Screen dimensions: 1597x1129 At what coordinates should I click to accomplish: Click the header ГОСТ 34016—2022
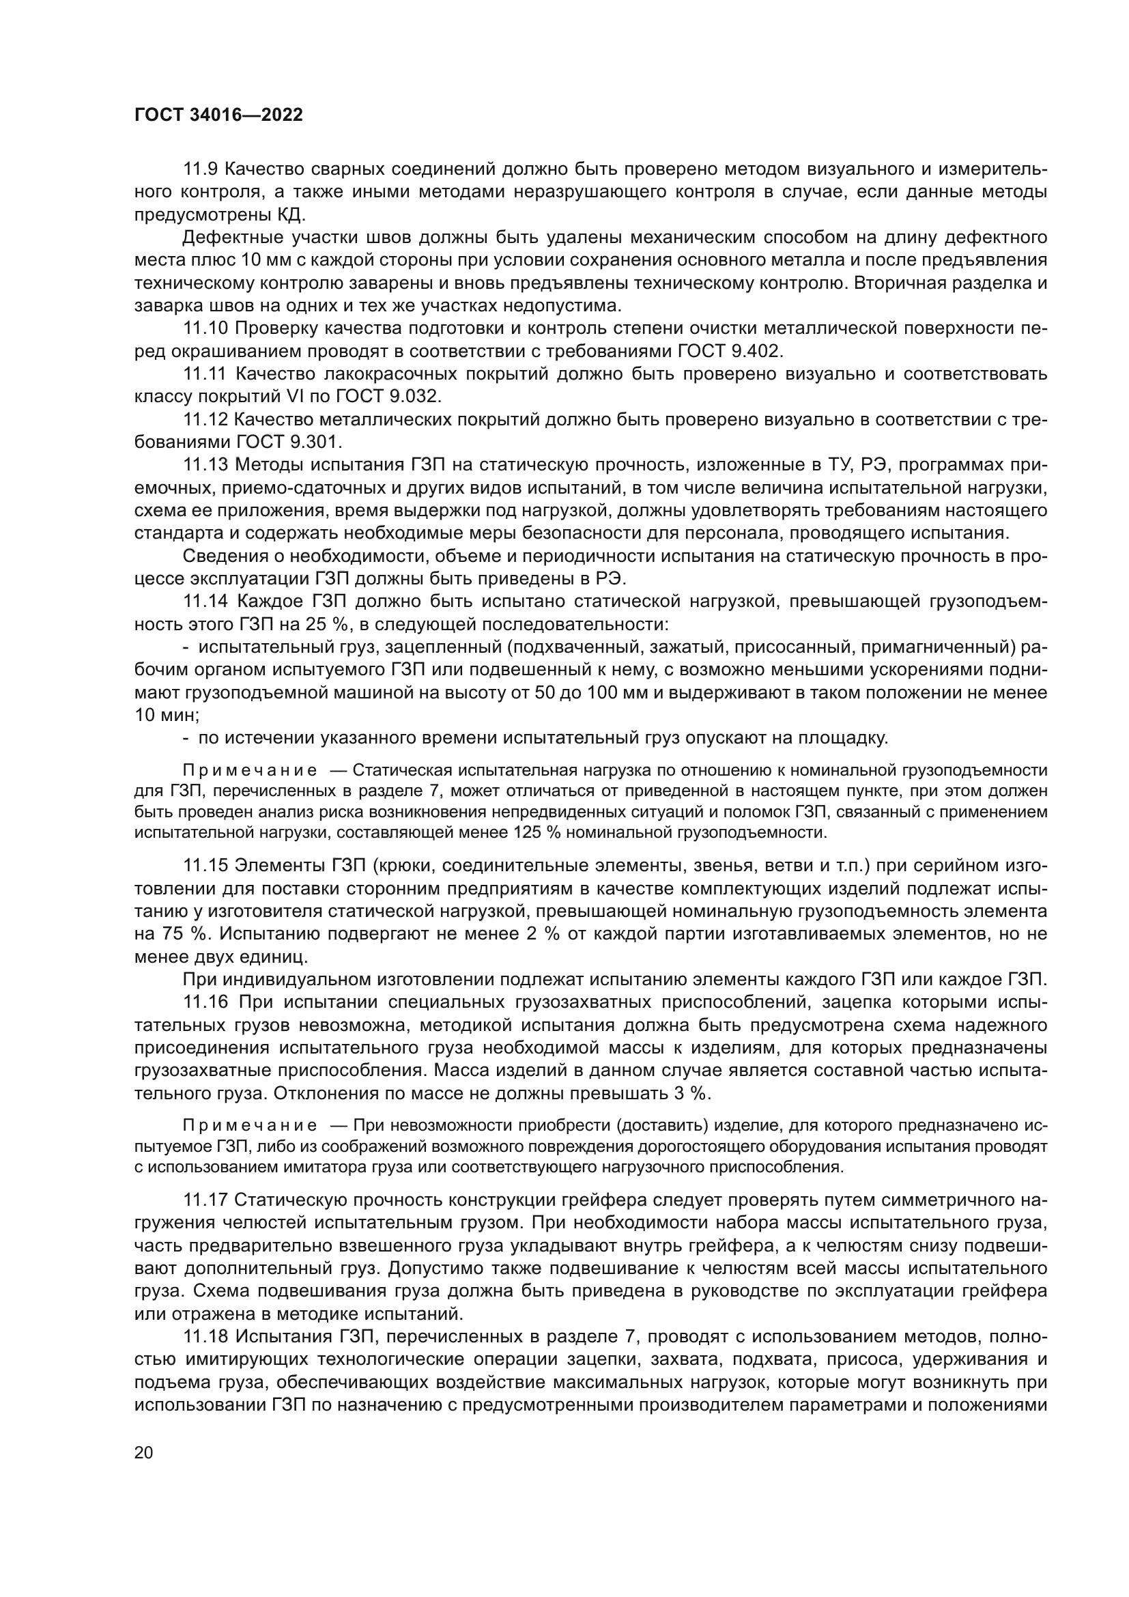pos(218,115)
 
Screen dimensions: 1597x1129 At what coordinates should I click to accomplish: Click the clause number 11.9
pos(201,169)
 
